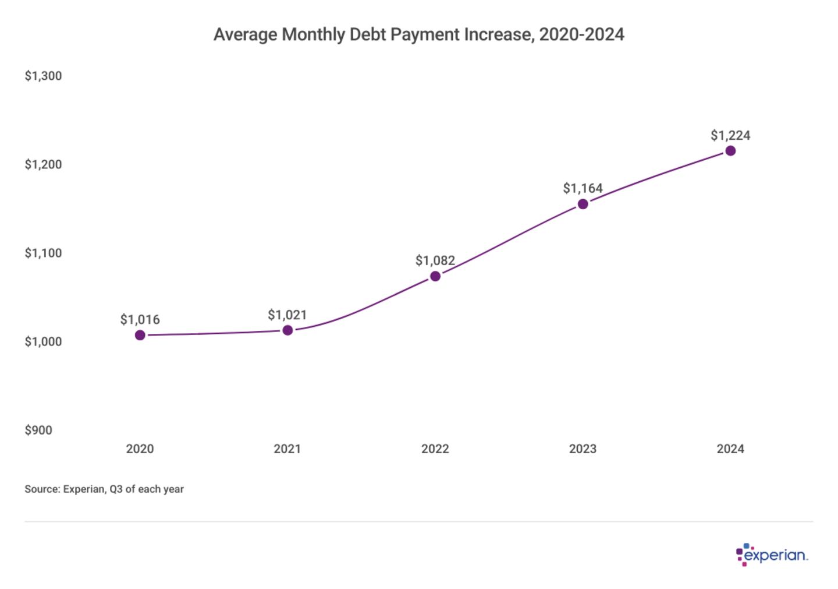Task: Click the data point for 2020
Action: click(x=140, y=335)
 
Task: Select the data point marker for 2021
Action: click(x=287, y=330)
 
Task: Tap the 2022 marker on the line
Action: click(x=435, y=276)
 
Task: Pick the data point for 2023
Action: click(x=583, y=204)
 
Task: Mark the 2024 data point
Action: click(x=730, y=151)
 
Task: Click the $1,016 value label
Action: click(x=140, y=319)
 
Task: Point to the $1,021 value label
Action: click(x=287, y=315)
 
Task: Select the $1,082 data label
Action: click(x=435, y=260)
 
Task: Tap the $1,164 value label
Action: click(x=583, y=188)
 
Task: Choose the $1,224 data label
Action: click(x=730, y=135)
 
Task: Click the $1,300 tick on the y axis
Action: click(x=43, y=76)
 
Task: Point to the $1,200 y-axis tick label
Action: click(x=43, y=164)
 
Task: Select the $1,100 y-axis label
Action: click(x=43, y=253)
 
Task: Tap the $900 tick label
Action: click(x=38, y=430)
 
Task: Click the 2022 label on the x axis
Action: click(x=435, y=449)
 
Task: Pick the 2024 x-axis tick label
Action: click(x=730, y=449)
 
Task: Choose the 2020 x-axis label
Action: click(x=140, y=449)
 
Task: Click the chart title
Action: click(x=418, y=34)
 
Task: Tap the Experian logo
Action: click(x=772, y=555)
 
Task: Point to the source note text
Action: click(x=104, y=489)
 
